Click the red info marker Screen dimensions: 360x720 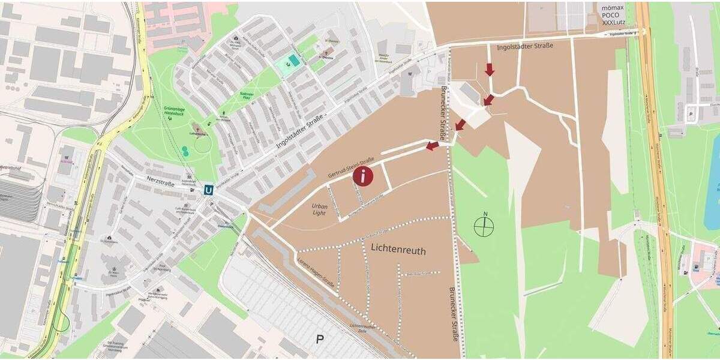point(363,176)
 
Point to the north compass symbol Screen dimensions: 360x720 point(484,226)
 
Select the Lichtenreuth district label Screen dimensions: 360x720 point(398,250)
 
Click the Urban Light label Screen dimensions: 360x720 point(319,209)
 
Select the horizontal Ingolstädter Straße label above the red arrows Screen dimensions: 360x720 point(525,46)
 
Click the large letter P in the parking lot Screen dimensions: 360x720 point(320,340)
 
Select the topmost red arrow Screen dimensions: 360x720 point(490,69)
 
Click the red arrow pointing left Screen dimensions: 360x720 point(432,146)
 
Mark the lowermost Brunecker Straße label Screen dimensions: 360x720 point(455,313)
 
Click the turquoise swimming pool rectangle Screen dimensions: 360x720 point(292,60)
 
